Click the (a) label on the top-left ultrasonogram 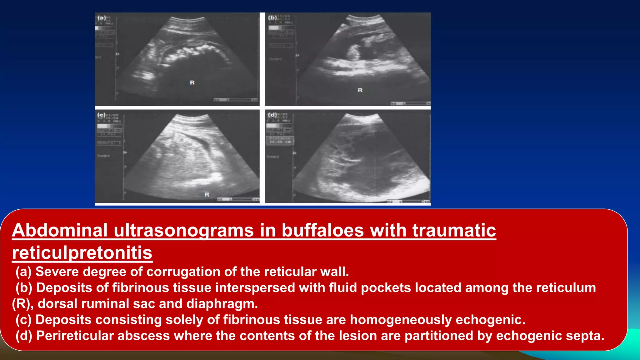(102, 18)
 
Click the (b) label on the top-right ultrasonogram (272, 17)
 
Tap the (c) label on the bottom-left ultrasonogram (101, 115)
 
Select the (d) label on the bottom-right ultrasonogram (272, 115)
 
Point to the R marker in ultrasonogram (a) (192, 82)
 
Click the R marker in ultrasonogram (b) (360, 90)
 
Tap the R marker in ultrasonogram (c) (207, 194)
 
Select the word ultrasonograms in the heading (183, 230)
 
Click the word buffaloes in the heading (323, 230)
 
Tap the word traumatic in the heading (454, 230)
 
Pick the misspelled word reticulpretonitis (82, 252)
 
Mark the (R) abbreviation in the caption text (22, 304)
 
